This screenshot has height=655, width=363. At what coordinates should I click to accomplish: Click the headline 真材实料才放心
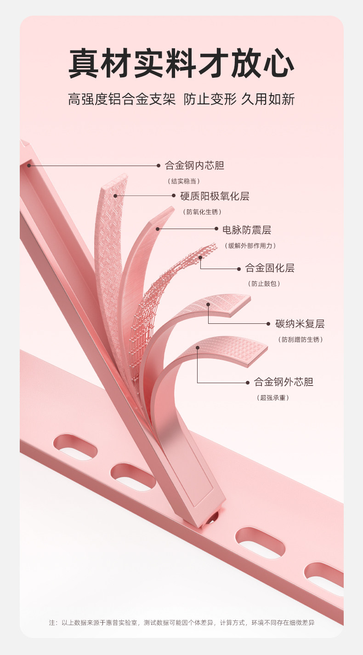click(181, 64)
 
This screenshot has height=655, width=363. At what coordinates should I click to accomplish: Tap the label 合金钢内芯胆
click(194, 166)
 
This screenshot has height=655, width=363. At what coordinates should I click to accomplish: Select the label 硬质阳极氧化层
click(215, 196)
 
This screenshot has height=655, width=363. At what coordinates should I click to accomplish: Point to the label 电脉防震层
click(247, 230)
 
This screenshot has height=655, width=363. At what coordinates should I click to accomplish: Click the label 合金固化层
click(270, 268)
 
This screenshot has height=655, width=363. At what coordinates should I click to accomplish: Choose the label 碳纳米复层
click(300, 324)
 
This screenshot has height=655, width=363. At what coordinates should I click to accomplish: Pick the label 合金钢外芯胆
click(284, 382)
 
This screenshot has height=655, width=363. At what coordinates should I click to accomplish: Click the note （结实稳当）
click(183, 181)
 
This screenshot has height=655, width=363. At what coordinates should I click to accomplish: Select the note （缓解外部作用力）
click(250, 246)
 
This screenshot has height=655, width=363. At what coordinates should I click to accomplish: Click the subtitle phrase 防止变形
click(210, 99)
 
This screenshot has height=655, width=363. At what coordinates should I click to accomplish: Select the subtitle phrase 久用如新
click(268, 99)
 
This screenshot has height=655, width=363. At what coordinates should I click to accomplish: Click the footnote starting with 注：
click(181, 622)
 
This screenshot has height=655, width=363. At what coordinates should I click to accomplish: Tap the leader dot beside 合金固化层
click(239, 269)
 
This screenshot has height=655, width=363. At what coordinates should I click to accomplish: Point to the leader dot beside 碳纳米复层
click(268, 324)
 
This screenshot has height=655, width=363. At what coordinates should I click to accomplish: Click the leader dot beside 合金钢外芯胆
click(248, 382)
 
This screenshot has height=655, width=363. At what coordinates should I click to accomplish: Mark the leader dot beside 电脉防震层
click(216, 229)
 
